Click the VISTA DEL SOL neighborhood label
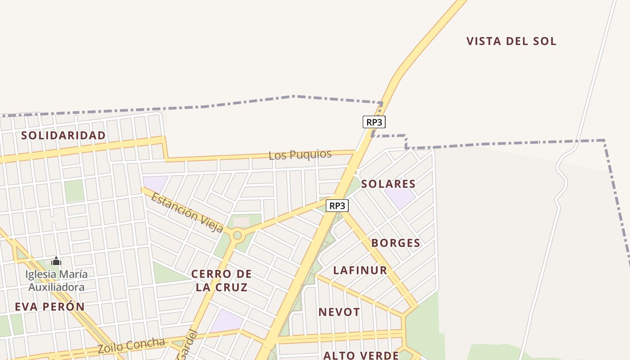(511, 41)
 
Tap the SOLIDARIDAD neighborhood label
(63, 135)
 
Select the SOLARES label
(388, 184)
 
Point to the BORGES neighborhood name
(396, 243)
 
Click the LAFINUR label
(360, 270)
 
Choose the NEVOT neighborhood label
(339, 312)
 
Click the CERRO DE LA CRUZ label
(221, 280)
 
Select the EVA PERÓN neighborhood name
(49, 307)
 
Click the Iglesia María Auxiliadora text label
(57, 280)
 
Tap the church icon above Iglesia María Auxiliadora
(56, 261)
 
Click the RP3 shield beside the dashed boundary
(374, 122)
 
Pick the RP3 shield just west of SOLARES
(337, 206)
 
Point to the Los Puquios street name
(300, 155)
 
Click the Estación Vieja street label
(187, 212)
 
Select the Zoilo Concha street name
(131, 345)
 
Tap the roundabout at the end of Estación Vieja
(237, 235)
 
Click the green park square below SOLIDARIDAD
(74, 191)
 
